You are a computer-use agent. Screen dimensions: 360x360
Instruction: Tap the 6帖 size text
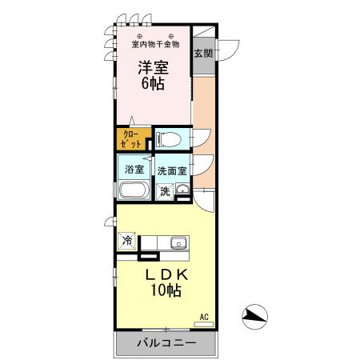point(154,84)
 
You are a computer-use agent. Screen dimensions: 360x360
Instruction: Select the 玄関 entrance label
point(203,54)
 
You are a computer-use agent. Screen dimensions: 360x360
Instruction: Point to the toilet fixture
point(169,140)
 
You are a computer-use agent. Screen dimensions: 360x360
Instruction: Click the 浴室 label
point(134,170)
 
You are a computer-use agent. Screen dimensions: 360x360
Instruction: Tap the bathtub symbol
point(133,190)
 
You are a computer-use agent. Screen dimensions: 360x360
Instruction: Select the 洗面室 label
point(172,170)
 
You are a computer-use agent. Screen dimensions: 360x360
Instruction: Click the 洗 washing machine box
point(164,191)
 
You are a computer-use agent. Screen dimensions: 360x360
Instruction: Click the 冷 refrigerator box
point(127,240)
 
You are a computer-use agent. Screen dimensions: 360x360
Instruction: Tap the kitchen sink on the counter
point(178,243)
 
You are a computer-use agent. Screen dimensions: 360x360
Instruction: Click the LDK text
point(166,274)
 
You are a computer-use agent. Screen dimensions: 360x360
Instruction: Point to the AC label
point(204,317)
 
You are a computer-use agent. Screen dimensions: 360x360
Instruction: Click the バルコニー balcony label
point(166,345)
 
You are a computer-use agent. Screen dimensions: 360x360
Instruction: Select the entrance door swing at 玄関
point(227,50)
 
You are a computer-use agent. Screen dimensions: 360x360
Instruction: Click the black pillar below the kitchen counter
point(148,256)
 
